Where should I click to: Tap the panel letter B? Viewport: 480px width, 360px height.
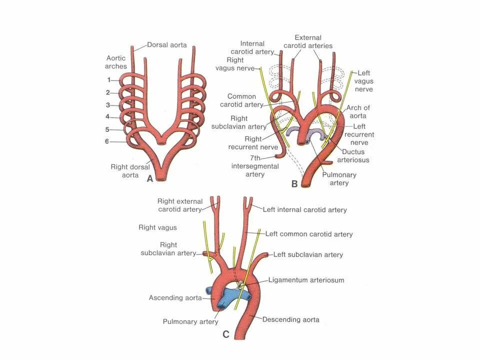294,184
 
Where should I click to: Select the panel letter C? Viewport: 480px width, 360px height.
226,334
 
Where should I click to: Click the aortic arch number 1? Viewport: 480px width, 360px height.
108,80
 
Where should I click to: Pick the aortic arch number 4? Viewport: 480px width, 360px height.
108,117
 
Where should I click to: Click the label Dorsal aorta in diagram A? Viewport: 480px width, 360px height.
167,45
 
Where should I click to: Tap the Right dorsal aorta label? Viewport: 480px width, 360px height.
127,171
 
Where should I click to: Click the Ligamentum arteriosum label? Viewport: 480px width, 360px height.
306,280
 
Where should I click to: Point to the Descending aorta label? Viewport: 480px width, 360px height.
290,319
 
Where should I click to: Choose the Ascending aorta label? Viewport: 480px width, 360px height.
175,297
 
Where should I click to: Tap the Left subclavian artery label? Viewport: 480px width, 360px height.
308,254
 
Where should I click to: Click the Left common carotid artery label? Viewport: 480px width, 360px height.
309,234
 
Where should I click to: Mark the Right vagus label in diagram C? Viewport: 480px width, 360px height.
157,227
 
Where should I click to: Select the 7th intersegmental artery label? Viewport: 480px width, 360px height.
247,166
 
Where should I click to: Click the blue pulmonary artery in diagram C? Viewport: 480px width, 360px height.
227,296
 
